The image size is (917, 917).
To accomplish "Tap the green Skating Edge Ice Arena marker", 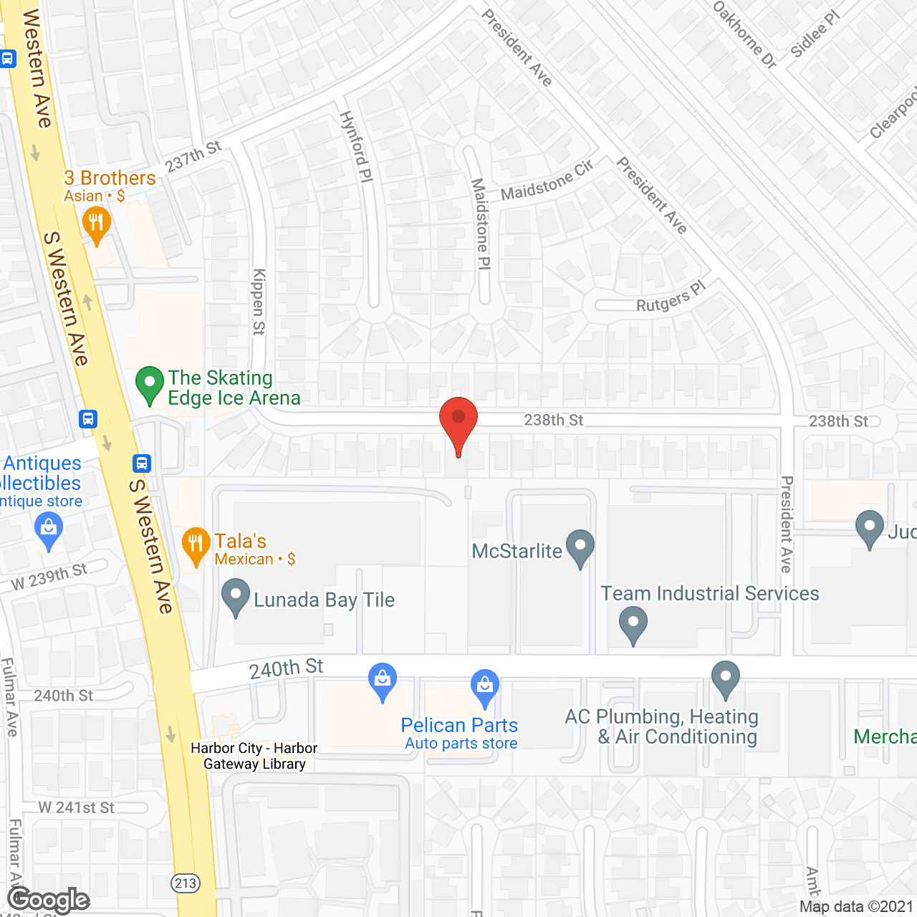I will pyautogui.click(x=150, y=384).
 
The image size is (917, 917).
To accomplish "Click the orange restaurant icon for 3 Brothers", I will pyautogui.click(x=96, y=224).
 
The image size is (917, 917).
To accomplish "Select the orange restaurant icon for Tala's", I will pyautogui.click(x=196, y=546).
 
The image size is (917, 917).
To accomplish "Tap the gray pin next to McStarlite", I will pyautogui.click(x=580, y=548).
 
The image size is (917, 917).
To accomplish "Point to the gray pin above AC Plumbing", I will pyautogui.click(x=726, y=678).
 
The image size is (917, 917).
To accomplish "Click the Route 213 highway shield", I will pyautogui.click(x=186, y=883).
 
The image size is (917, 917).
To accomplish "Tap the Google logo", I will pyautogui.click(x=49, y=900).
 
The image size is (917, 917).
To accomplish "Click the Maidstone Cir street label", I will pyautogui.click(x=547, y=182).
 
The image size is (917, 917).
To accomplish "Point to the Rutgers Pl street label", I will pyautogui.click(x=671, y=297).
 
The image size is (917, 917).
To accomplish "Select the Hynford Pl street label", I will pyautogui.click(x=356, y=146).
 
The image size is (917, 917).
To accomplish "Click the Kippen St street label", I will pyautogui.click(x=259, y=302).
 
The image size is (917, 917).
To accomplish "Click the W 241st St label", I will pyautogui.click(x=76, y=807).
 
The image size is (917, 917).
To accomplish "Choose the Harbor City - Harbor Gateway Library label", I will pyautogui.click(x=254, y=756).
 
